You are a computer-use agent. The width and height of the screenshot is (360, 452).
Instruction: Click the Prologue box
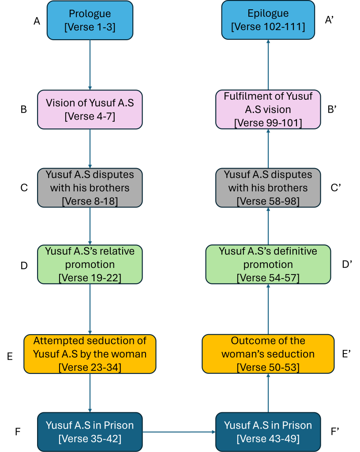90,20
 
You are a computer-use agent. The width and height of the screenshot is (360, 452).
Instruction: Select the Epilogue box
268,20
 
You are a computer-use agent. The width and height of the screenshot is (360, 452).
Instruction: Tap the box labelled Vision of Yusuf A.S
90,109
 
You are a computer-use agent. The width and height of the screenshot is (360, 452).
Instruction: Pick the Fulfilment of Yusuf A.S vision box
268,109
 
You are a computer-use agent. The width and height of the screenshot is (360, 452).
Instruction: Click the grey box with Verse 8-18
90,188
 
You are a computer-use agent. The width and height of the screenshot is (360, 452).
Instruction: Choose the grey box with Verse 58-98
268,188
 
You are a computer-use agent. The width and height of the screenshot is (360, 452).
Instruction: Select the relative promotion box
90,264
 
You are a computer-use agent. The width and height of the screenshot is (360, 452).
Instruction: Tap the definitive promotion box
268,264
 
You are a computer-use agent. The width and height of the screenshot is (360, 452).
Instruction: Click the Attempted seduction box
90,354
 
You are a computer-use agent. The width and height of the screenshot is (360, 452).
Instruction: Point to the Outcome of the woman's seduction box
268,354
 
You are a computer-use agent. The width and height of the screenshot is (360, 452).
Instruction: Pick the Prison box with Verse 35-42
90,432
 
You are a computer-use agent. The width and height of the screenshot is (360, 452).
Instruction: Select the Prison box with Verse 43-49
268,432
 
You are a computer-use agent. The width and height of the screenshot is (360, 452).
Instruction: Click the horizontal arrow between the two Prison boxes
179,432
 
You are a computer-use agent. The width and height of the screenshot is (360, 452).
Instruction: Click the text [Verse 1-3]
90,27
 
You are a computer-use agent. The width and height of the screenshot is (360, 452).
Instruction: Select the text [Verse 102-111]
268,27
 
